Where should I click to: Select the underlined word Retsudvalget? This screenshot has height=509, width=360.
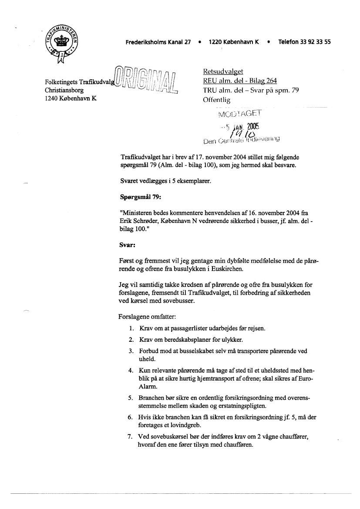(223, 72)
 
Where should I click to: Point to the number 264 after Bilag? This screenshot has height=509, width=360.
(270, 81)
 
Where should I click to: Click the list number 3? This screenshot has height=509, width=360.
(131, 351)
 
